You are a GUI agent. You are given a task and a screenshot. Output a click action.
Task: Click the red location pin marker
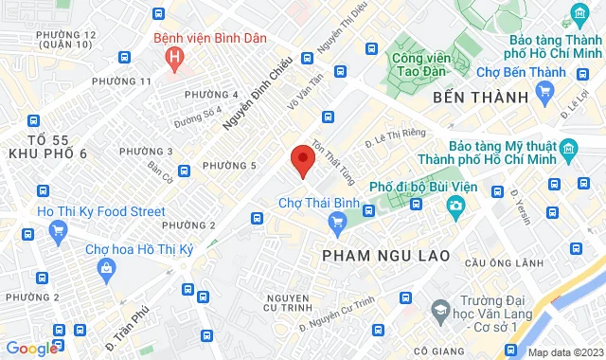(301, 159)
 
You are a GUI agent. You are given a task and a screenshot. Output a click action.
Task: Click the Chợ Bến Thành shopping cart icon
(544, 91)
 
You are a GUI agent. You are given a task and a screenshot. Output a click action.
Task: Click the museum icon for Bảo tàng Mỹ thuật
(567, 149)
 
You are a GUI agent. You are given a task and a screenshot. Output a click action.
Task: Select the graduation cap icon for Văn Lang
(439, 310)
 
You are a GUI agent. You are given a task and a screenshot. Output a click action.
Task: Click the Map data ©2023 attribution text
(564, 352)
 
